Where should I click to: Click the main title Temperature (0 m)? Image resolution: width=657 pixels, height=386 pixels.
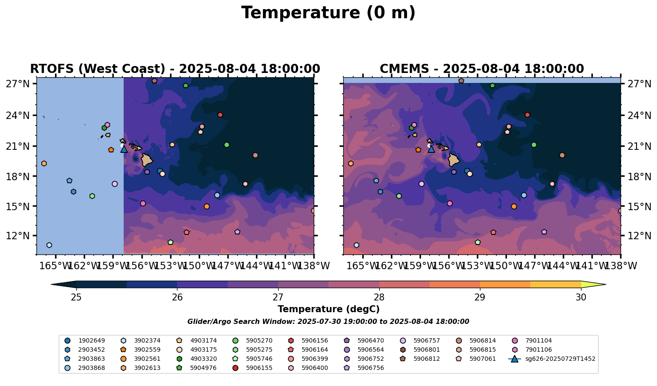tap(328, 13)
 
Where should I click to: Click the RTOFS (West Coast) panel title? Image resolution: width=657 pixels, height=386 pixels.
tap(175, 69)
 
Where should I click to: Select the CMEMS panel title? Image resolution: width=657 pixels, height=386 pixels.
tap(482, 69)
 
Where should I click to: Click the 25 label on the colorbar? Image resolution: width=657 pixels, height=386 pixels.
tap(76, 297)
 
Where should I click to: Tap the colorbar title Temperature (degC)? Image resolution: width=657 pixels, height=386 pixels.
tap(328, 309)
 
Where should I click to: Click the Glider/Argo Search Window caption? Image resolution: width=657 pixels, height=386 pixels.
tap(328, 322)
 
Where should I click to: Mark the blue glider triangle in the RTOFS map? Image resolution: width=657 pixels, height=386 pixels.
tap(124, 149)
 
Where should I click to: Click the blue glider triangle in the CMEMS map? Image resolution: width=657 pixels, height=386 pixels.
tap(431, 149)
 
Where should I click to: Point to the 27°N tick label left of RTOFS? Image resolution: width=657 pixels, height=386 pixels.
tap(17, 84)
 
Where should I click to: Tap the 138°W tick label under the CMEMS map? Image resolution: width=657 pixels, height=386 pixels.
tap(621, 265)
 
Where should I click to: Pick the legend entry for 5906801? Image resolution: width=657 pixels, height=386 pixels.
tap(427, 350)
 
